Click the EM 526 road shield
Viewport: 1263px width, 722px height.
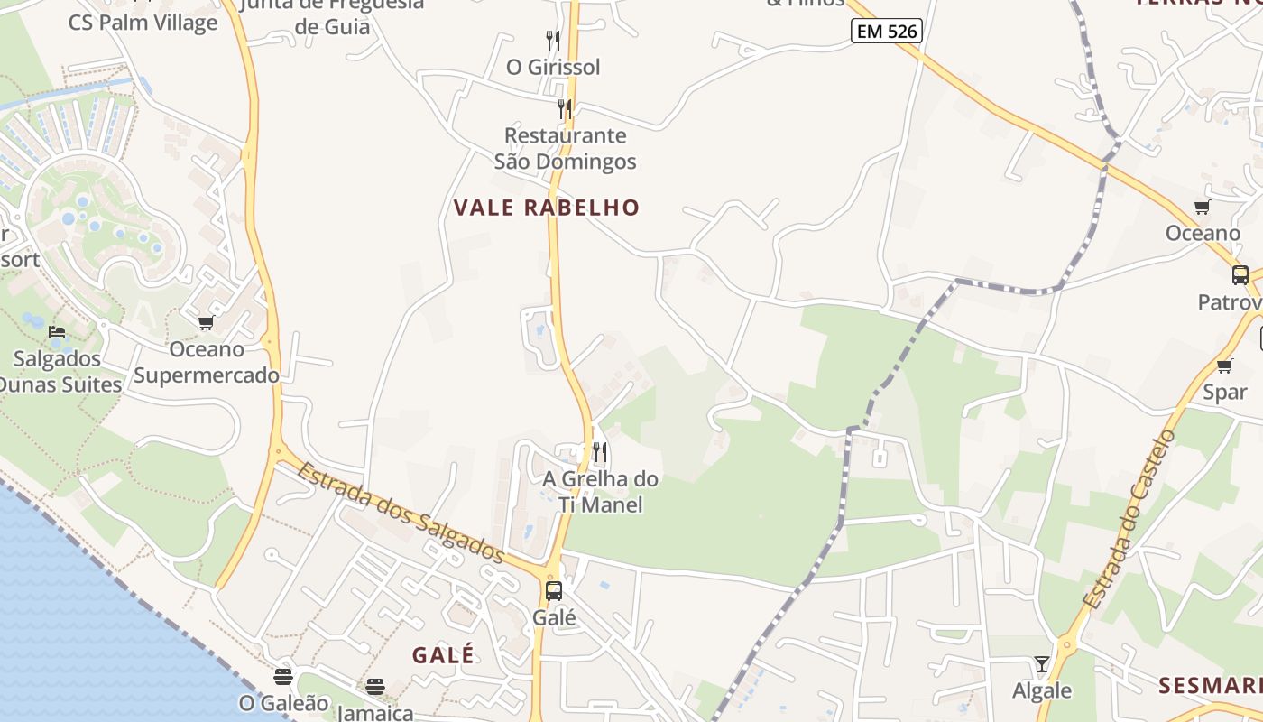(885, 32)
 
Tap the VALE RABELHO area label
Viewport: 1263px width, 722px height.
(546, 208)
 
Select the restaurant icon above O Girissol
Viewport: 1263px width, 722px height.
(553, 40)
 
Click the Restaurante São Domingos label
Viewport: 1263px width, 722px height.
(566, 149)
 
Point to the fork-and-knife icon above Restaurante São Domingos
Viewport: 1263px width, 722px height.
(565, 109)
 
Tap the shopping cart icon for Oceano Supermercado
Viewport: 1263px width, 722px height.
(206, 322)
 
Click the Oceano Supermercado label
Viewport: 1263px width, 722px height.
(207, 362)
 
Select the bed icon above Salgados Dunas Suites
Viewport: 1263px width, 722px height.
(57, 332)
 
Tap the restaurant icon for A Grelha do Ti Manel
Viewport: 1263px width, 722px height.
(600, 451)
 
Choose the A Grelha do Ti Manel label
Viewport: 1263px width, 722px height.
(600, 492)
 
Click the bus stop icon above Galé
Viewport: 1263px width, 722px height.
(554, 591)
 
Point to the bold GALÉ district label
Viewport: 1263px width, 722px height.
(443, 655)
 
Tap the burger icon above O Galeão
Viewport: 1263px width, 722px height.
(283, 676)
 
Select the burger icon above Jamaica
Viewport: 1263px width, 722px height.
(375, 687)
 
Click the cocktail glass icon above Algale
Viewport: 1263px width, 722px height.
(1042, 664)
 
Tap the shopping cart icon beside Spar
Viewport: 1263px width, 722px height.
(1224, 366)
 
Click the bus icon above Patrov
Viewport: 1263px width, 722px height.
(1240, 274)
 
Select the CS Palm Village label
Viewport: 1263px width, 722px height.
(143, 23)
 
